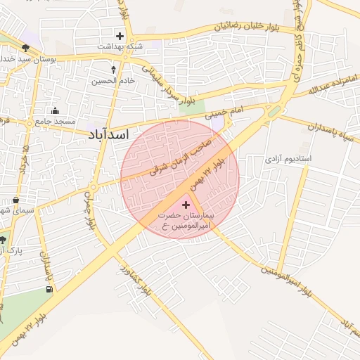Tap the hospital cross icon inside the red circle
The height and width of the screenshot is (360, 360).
click(186, 205)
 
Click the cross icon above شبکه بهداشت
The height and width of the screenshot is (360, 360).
click(120, 36)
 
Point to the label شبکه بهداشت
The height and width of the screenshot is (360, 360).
click(119, 46)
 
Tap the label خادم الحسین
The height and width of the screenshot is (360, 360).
click(113, 80)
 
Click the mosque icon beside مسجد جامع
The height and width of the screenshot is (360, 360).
click(55, 110)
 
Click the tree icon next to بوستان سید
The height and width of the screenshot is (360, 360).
click(26, 47)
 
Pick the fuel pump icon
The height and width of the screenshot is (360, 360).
click(49, 288)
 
